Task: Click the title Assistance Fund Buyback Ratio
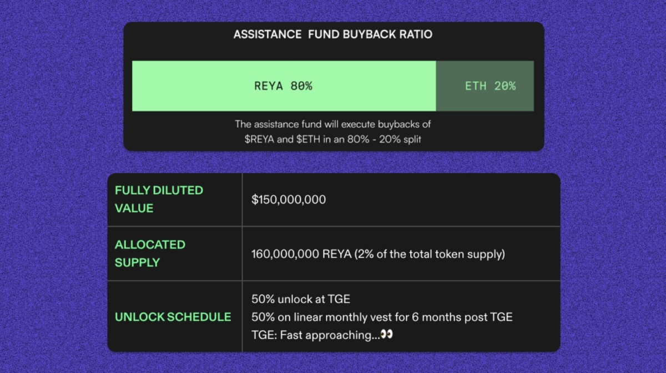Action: point(332,34)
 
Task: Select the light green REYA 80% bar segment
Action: point(284,86)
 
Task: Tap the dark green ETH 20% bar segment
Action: point(485,86)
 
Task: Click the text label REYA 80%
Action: point(283,87)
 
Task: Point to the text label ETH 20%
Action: point(490,87)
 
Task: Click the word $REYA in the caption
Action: point(259,139)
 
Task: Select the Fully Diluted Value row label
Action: point(159,199)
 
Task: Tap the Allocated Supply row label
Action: point(150,253)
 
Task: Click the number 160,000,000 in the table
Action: point(285,254)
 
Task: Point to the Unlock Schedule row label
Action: point(173,317)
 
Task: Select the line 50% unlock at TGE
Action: point(301,299)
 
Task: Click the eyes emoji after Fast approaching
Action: point(386,335)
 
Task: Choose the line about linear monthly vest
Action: point(382,317)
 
